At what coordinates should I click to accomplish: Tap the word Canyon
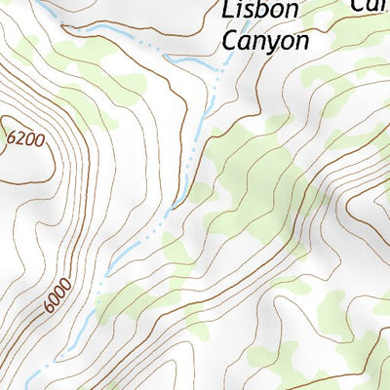(265, 41)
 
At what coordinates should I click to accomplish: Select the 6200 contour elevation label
(25, 139)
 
